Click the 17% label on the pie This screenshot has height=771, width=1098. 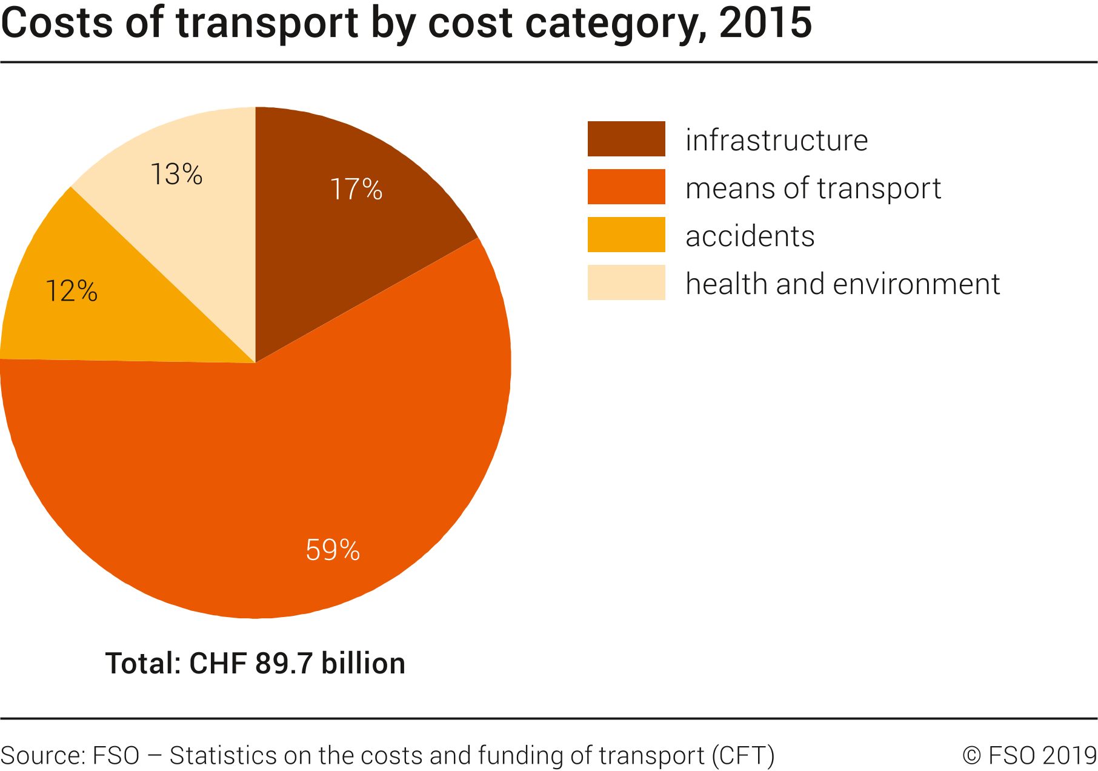click(356, 189)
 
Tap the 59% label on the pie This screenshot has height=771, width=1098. click(333, 550)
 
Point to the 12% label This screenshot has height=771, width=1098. click(72, 292)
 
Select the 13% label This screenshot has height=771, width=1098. click(176, 175)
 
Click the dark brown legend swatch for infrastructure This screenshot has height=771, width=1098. click(626, 139)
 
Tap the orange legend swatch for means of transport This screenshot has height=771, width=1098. click(626, 187)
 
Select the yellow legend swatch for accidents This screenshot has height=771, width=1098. click(626, 235)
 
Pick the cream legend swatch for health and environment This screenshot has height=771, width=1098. click(626, 282)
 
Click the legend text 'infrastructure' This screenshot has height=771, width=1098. click(776, 140)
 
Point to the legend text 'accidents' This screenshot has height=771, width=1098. click(750, 236)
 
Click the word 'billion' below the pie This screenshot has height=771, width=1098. click(363, 663)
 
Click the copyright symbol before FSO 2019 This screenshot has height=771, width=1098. click(971, 756)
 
